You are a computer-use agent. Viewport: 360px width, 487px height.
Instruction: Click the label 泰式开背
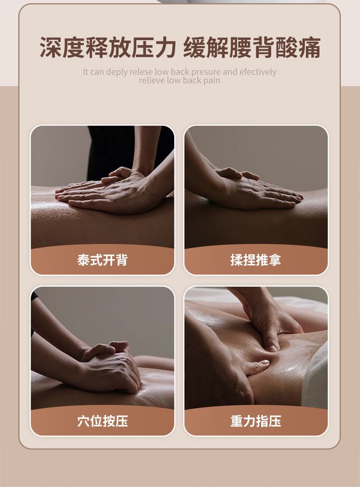point(103,260)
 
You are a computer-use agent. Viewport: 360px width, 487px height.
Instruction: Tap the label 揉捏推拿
point(256,260)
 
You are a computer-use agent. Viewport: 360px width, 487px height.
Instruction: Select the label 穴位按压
point(103,421)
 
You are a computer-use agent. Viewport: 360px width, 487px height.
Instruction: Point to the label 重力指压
point(256,421)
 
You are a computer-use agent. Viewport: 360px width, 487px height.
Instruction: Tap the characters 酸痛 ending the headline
point(298,47)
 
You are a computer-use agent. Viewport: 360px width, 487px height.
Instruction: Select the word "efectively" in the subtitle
point(258,72)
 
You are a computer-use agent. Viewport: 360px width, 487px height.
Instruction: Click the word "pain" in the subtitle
point(211,81)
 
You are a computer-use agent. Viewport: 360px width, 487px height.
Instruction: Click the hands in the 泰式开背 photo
point(112,189)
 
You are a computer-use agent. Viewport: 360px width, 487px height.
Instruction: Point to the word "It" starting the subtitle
point(86,72)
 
